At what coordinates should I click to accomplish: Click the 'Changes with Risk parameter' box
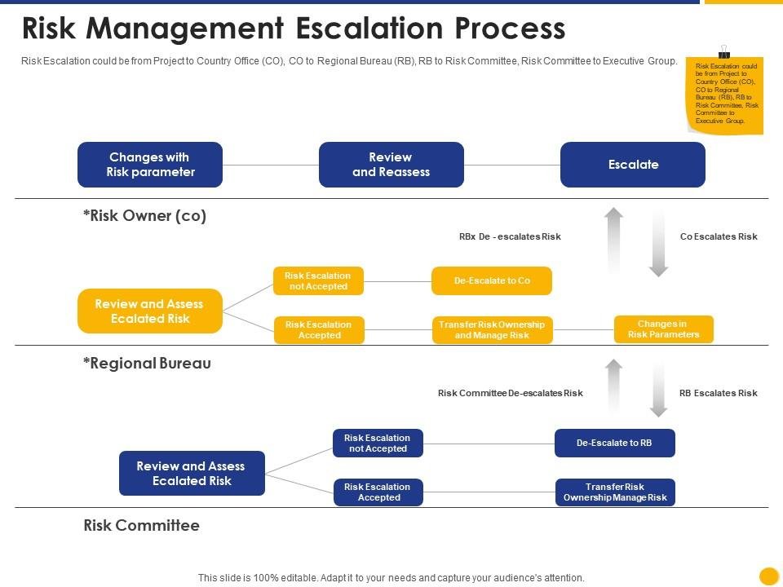click(x=149, y=165)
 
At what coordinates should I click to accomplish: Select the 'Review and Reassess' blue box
click(x=391, y=165)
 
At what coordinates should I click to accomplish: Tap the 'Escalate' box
click(x=632, y=165)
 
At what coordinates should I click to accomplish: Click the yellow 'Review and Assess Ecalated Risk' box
click(x=149, y=311)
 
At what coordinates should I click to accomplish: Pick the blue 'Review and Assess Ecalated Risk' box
click(x=192, y=473)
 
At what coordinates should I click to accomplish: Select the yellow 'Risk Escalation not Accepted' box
click(x=318, y=281)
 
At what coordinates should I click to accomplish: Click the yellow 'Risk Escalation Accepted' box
click(x=318, y=330)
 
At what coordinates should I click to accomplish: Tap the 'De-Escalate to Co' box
click(x=492, y=280)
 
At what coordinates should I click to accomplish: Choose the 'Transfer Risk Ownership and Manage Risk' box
click(x=492, y=330)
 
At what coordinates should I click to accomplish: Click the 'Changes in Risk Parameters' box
click(x=663, y=329)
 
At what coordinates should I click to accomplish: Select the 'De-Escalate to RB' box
click(x=614, y=443)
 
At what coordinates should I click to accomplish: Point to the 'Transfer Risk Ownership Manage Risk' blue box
click(x=615, y=492)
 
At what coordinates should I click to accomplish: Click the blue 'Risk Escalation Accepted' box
click(x=378, y=492)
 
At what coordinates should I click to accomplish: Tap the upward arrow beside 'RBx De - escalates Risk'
click(x=613, y=240)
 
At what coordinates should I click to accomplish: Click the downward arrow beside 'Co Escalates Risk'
click(x=658, y=243)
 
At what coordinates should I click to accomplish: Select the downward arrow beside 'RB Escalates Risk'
click(x=658, y=390)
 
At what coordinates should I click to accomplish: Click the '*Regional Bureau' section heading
click(x=147, y=364)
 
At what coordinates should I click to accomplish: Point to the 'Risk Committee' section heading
click(x=141, y=526)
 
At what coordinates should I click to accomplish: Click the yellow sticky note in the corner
click(x=726, y=94)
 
